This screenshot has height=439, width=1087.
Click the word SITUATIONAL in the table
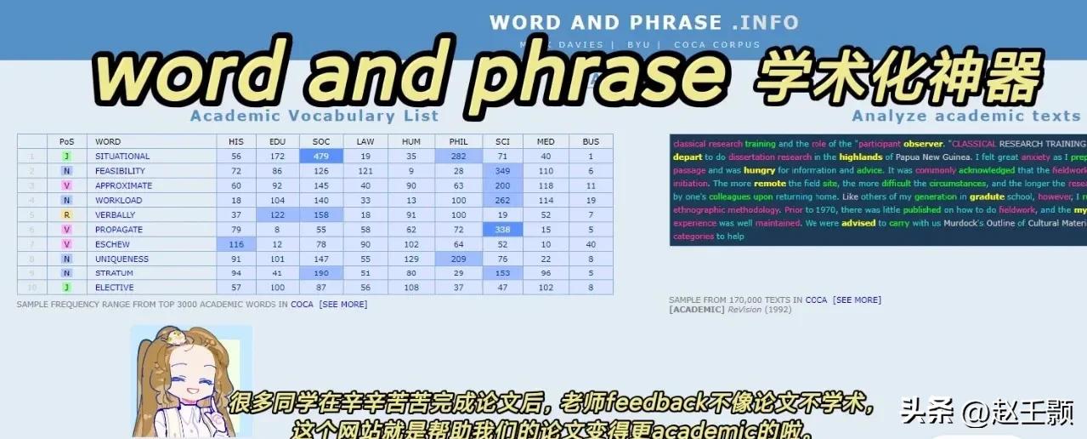pos(122,157)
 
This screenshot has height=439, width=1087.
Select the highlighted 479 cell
pos(321,157)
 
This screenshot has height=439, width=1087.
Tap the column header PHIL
pos(459,141)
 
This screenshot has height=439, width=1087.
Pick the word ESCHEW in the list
pos(112,244)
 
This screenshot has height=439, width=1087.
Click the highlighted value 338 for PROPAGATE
pos(502,230)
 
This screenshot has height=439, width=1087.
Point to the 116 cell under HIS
pos(236,244)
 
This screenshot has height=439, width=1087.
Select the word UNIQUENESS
pos(122,259)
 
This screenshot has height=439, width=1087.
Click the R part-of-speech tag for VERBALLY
pos(66,215)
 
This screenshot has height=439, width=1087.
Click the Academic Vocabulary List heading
pos(314,117)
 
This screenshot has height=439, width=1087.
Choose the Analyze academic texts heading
pos(965,117)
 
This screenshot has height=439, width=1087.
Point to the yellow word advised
pos(858,223)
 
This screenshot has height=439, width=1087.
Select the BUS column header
pos(591,141)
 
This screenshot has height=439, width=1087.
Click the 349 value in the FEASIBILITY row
pos(502,171)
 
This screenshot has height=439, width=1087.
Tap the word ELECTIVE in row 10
pos(115,288)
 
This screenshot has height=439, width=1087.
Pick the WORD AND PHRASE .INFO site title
pos(644,22)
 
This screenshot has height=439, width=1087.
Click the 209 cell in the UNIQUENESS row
pos(459,259)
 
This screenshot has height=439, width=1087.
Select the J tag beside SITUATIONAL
pos(66,157)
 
